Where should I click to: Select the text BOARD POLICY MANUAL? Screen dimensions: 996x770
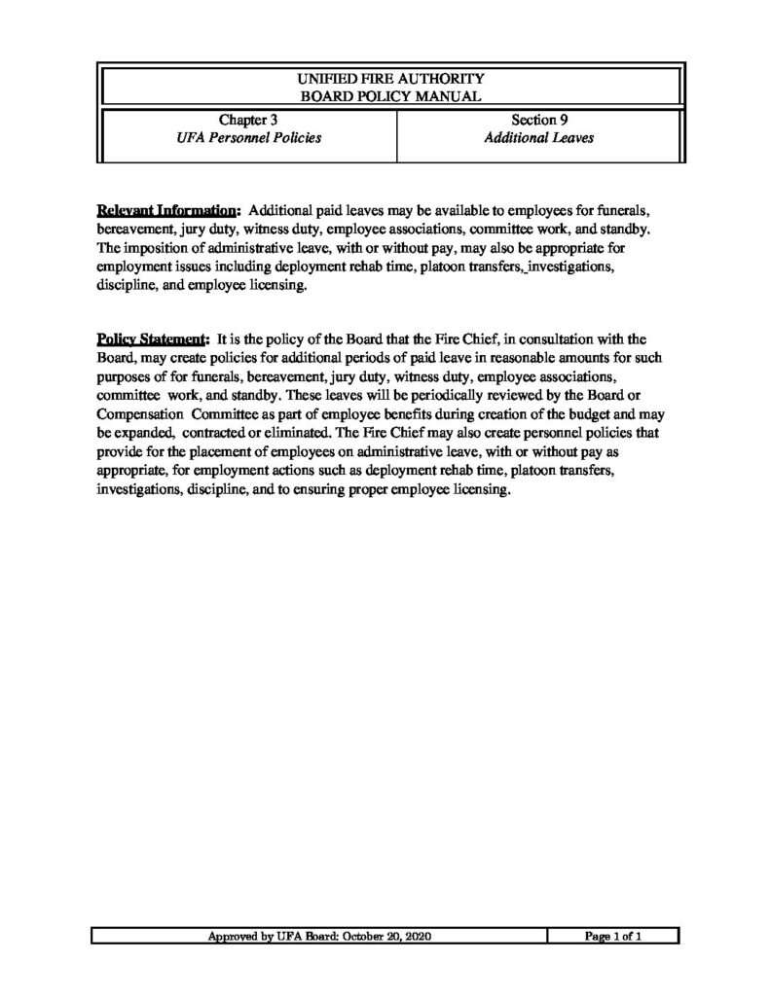point(388,94)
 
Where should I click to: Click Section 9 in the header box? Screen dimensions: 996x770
point(539,121)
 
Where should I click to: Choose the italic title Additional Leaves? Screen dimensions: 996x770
point(539,138)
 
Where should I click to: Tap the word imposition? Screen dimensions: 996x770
point(157,248)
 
